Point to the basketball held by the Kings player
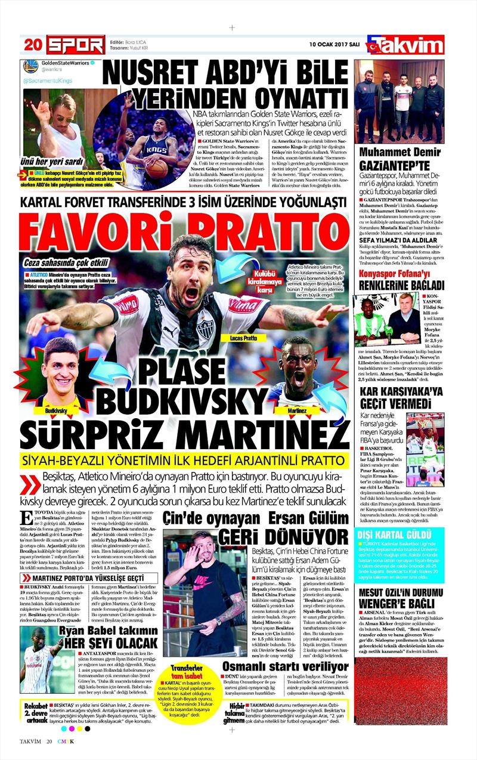click(159, 169)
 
